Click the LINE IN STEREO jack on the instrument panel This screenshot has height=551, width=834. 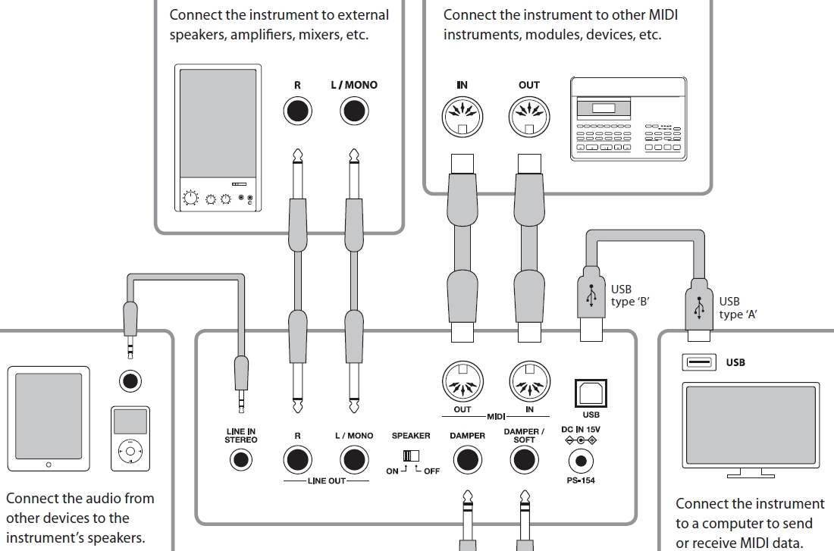[x=241, y=459]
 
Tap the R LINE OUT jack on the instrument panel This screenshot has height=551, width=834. [x=297, y=460]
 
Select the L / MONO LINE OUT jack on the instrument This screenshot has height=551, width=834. [x=353, y=460]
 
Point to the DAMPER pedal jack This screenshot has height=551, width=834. [x=468, y=460]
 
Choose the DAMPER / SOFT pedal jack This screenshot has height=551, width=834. [x=524, y=460]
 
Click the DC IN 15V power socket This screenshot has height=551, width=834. [x=581, y=460]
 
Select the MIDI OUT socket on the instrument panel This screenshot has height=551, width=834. [x=462, y=381]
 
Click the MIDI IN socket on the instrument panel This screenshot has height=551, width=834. [x=530, y=381]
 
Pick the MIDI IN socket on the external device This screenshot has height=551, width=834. [x=462, y=118]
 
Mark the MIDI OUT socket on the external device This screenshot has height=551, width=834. [x=528, y=118]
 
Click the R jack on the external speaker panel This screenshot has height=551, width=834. [x=297, y=111]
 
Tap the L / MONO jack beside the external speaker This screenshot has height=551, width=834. [x=353, y=111]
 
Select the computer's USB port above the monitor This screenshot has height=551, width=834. [x=700, y=362]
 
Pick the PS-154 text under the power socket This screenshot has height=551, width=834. [x=580, y=481]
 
